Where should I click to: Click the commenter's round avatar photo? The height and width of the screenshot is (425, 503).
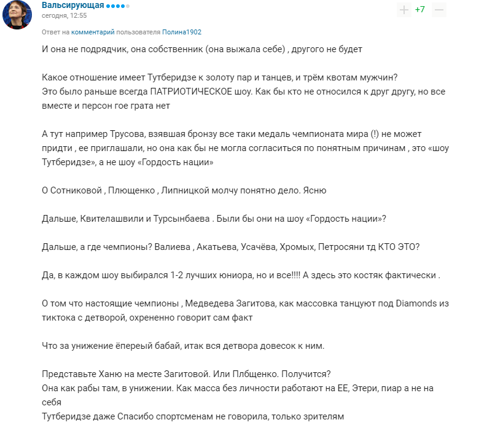[x=18, y=14]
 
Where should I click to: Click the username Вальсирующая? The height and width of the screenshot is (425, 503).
[x=72, y=6]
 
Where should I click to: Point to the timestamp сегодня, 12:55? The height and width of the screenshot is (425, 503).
[x=64, y=16]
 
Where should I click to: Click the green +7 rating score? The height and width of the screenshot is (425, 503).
[x=420, y=10]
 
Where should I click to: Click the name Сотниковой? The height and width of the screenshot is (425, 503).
[x=77, y=190]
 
